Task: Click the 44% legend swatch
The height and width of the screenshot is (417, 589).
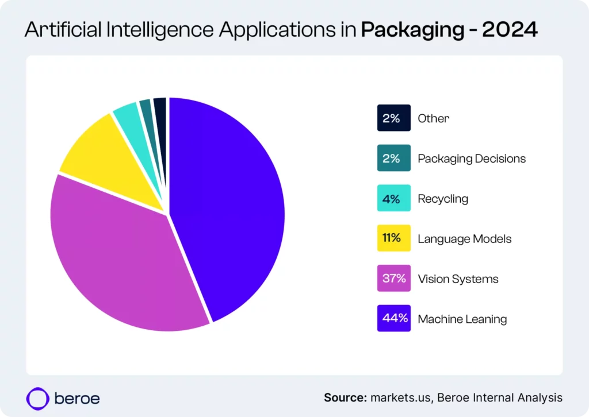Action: [x=394, y=318]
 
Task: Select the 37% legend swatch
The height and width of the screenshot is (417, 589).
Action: [x=394, y=279]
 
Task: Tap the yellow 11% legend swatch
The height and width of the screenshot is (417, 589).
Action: [x=394, y=238]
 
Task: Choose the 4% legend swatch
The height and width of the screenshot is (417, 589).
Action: [x=394, y=198]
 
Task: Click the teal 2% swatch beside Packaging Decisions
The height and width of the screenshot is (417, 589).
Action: [x=394, y=159]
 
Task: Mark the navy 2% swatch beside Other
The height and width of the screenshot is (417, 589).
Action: [x=394, y=118]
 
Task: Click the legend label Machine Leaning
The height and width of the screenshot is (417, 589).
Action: [x=462, y=319]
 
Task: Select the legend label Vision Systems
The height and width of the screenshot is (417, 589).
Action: [x=458, y=279]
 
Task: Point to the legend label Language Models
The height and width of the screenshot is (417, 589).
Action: [x=464, y=239]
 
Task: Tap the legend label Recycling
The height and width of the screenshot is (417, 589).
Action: [x=442, y=199]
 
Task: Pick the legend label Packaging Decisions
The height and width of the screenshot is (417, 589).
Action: [x=471, y=159]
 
